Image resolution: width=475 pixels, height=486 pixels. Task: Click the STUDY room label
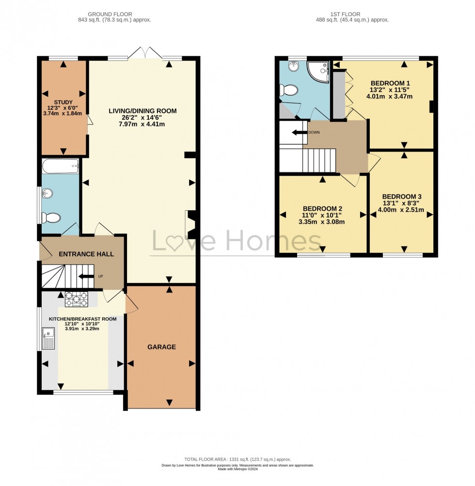(x=63, y=102)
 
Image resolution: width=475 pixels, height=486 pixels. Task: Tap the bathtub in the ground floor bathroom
(x=61, y=166)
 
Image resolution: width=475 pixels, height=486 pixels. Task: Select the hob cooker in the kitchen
(x=76, y=300)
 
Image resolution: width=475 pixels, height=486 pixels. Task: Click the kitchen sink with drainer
(x=48, y=338)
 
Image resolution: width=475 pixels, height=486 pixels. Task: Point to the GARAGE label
(x=161, y=347)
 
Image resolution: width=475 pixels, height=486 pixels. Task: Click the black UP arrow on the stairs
(x=86, y=276)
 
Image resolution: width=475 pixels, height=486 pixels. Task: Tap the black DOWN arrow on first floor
(x=300, y=133)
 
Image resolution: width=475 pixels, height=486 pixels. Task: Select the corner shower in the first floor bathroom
(x=318, y=72)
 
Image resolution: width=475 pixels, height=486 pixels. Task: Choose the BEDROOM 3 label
(x=402, y=197)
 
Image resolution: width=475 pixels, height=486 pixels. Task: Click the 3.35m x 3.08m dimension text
(x=321, y=222)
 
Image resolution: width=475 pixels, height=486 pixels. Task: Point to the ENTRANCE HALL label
(x=86, y=254)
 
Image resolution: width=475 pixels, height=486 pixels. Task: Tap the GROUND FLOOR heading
(x=110, y=14)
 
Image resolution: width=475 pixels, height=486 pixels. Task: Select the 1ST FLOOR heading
(x=345, y=14)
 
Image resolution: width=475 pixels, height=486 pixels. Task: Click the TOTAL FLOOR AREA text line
(x=237, y=459)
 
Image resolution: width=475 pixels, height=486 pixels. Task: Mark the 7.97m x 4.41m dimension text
(x=142, y=124)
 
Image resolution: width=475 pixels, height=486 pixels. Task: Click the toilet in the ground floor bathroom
(x=51, y=218)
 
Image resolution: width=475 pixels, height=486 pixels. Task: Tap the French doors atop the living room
(x=145, y=53)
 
